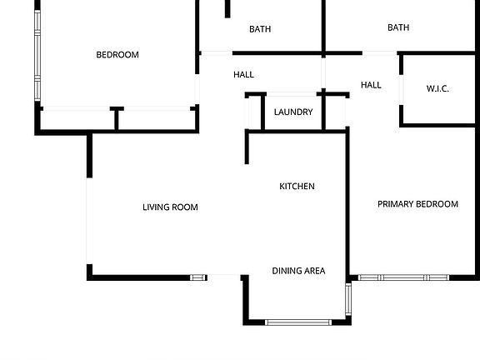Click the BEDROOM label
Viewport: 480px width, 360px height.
117,55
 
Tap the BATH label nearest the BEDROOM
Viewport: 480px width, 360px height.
260,29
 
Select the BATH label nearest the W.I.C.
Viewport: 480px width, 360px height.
398,27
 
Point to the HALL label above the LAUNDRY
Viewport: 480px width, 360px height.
243,75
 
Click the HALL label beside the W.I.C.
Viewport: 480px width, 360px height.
371,85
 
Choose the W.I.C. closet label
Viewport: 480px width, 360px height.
437,88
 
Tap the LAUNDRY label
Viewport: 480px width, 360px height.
293,112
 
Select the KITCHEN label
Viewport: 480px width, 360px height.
297,187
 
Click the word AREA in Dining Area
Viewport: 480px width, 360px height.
314,271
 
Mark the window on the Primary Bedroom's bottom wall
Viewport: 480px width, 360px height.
404,277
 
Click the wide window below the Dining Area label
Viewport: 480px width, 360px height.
298,322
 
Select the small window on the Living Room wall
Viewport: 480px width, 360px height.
198,277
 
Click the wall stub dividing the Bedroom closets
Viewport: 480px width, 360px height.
117,118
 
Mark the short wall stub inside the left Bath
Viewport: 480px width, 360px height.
227,9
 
